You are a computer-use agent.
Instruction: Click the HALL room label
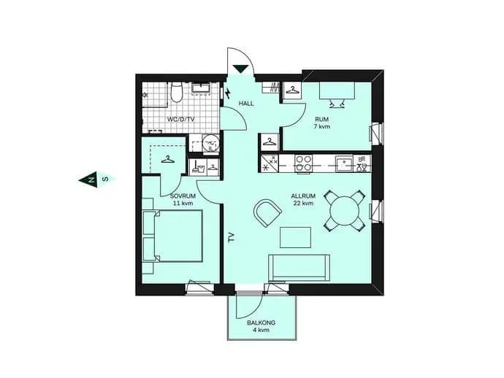(246, 104)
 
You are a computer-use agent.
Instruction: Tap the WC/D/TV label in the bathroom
(180, 120)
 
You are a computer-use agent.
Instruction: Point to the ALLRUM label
(303, 196)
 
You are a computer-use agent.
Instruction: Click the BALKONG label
(261, 323)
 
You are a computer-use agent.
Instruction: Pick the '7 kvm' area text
(321, 126)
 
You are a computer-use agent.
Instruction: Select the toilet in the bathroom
(176, 92)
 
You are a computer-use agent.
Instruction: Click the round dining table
(345, 211)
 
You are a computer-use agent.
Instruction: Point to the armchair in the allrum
(267, 213)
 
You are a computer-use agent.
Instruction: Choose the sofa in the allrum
(299, 268)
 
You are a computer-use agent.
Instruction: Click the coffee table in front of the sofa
(295, 237)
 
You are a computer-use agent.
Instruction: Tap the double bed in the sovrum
(172, 236)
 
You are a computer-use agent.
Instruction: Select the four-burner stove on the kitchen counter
(304, 163)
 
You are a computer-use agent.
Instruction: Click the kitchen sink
(344, 163)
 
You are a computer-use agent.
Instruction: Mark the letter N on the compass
(91, 180)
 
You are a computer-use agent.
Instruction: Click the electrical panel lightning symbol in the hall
(228, 93)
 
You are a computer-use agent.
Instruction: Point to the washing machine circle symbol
(210, 142)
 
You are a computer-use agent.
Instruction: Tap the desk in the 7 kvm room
(337, 90)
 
